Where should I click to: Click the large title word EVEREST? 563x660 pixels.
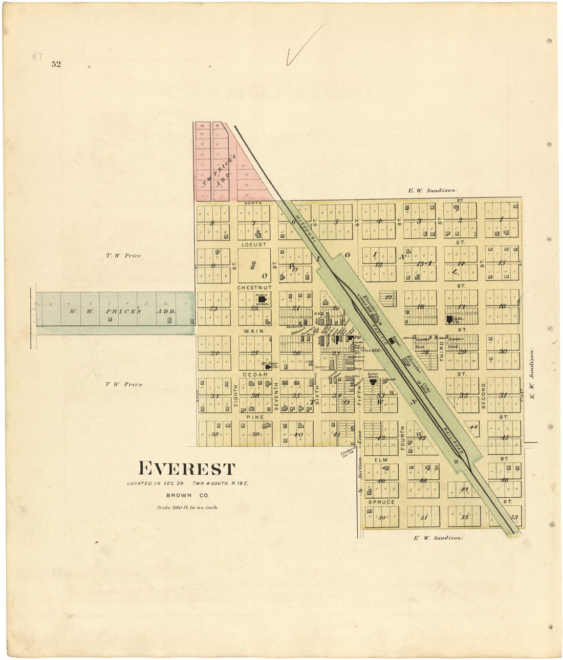(187, 469)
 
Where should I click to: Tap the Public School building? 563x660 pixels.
(262, 300)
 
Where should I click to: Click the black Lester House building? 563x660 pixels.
(373, 382)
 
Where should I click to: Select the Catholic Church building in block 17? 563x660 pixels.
(449, 319)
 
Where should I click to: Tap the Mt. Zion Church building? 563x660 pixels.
(267, 366)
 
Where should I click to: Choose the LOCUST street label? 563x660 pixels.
(254, 245)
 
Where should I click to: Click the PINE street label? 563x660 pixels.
(255, 417)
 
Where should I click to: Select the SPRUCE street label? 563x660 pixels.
(381, 502)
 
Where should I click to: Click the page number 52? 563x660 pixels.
(56, 64)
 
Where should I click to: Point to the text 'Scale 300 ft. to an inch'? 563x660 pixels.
(187, 508)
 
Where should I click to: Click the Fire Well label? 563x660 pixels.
(371, 351)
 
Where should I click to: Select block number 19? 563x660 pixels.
(388, 297)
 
